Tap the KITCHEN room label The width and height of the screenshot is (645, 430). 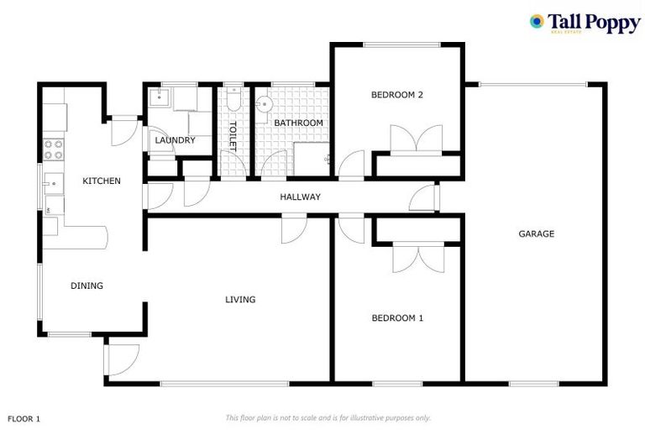coord(101,181)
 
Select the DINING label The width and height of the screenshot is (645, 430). coord(87,286)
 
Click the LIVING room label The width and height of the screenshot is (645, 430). coord(240,299)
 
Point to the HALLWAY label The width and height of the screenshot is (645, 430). coord(300,197)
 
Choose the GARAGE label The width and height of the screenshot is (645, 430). coord(536,233)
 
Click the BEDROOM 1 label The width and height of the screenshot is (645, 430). coord(397,318)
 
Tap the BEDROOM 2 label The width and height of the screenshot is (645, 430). coord(396,95)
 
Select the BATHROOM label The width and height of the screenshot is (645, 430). coord(298,123)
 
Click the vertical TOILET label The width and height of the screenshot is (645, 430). coord(233,135)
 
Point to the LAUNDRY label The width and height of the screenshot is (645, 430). coord(175,140)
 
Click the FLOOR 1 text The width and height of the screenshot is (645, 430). coord(24,417)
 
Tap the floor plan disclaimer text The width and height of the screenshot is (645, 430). coord(328,417)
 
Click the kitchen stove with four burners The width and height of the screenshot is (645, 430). coord(53,149)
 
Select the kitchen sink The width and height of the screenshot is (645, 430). coord(52,182)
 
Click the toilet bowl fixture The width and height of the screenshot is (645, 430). coord(233,102)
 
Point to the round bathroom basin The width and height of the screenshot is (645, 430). coord(264,104)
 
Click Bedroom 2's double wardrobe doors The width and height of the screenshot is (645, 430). coord(416,139)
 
